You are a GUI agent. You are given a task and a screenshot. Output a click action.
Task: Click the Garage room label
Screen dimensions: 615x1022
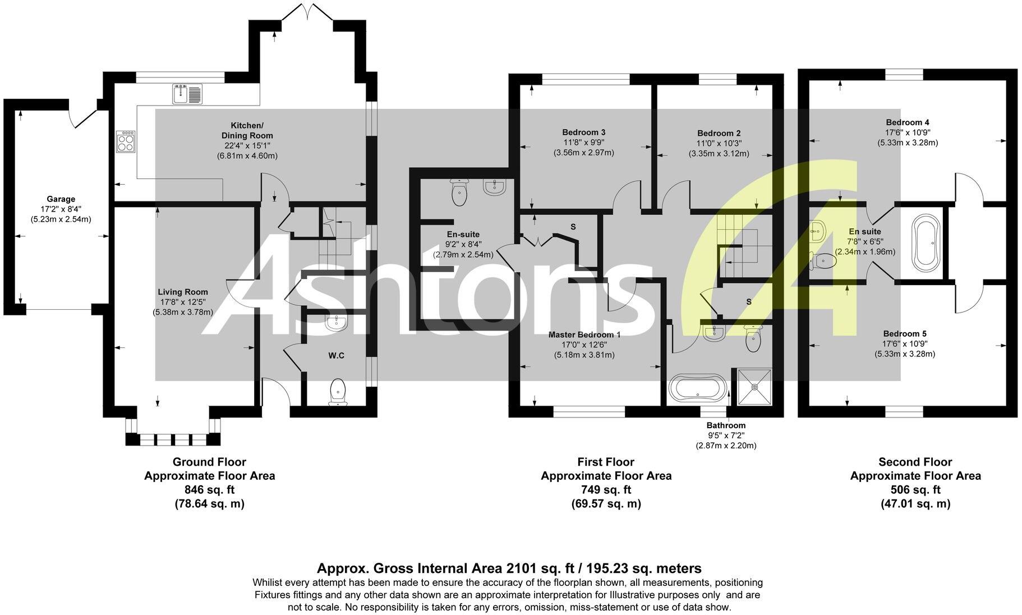pos(61,199)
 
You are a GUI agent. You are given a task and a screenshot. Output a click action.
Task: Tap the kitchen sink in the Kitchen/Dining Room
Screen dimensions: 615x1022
pos(187,93)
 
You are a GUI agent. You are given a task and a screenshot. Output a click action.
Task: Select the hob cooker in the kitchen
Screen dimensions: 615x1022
pos(126,141)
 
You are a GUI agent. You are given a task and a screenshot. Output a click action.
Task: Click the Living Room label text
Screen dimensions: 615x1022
pos(183,292)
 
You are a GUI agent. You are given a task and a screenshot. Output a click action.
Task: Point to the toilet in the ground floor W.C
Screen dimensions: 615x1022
pos(338,391)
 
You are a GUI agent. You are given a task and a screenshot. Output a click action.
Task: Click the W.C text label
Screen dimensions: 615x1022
pos(337,355)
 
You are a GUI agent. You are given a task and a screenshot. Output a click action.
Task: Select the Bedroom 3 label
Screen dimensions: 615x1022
pos(583,132)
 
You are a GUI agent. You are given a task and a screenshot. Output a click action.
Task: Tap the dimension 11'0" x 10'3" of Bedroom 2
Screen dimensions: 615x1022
pos(719,143)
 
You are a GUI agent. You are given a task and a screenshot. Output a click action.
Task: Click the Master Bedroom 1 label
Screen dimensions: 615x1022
pos(584,334)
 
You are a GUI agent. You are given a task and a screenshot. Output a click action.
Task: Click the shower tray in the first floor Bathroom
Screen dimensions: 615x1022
pos(755,386)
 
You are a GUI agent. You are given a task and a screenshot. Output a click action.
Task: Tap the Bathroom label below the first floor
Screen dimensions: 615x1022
pos(726,425)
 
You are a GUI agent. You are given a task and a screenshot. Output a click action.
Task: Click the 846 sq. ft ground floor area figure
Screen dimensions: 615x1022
pos(209,489)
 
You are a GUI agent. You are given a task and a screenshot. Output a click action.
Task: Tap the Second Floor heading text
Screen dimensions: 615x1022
pos(915,462)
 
